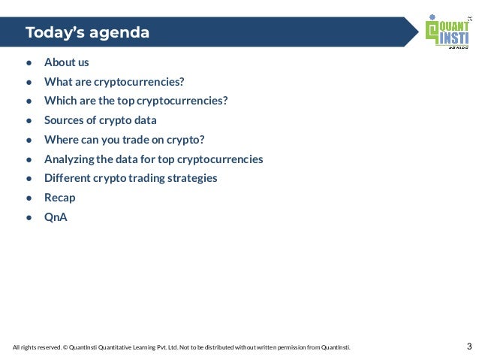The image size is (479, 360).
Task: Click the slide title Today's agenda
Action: (87, 33)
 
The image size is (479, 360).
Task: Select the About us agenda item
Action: (67, 62)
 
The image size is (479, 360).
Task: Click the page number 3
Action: (469, 347)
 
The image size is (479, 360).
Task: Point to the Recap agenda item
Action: (60, 198)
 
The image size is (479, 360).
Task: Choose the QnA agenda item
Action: (56, 218)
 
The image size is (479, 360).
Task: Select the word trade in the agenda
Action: (140, 140)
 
